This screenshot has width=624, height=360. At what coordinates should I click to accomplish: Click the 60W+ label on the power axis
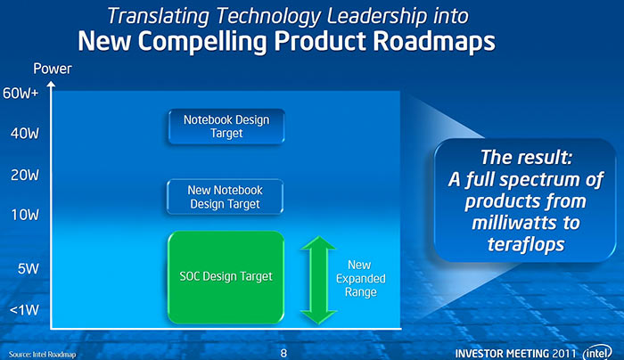tap(21, 93)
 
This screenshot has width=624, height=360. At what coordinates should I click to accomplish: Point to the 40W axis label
tap(25, 134)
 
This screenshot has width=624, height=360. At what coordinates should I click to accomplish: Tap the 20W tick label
tap(25, 175)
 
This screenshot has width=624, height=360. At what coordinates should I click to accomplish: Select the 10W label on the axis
tap(25, 216)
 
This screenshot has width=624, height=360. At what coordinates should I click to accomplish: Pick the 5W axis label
tap(29, 269)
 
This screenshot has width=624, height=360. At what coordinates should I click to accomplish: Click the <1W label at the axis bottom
tap(24, 310)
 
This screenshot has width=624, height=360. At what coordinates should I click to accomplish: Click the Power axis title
tap(52, 69)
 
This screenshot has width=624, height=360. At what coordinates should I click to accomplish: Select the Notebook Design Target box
tap(226, 127)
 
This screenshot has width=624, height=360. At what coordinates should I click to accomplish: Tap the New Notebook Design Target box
tap(226, 197)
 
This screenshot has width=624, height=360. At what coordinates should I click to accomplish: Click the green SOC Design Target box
tap(226, 277)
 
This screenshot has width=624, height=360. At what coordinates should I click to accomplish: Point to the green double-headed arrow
tap(318, 280)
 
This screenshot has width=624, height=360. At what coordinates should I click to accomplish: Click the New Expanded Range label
tap(360, 278)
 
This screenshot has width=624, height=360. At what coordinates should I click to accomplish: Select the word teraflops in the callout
tap(526, 244)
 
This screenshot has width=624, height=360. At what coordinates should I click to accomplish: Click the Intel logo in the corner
tap(597, 353)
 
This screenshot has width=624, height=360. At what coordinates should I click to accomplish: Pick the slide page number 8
tap(283, 353)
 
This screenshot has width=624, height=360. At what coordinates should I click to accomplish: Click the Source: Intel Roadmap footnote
tap(42, 354)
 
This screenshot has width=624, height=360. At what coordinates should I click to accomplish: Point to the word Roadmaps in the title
tap(434, 42)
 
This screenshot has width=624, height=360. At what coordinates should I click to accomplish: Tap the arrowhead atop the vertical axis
tap(51, 85)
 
